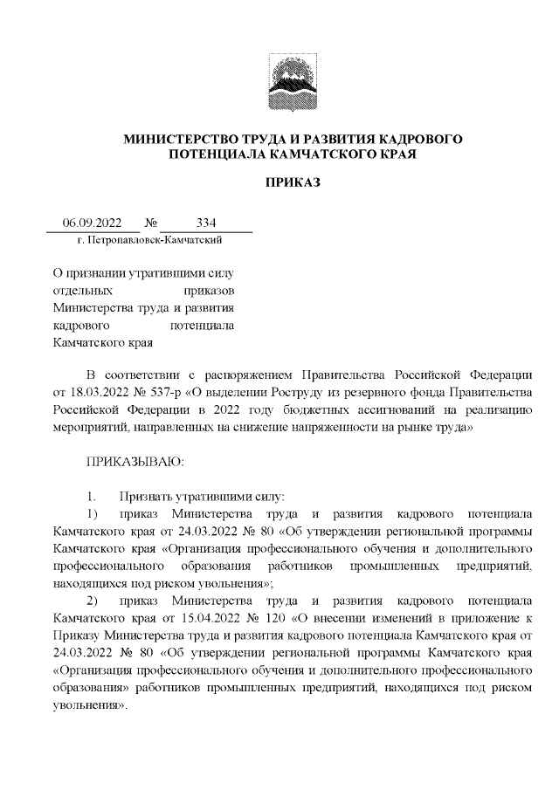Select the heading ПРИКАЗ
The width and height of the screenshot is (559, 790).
tap(293, 183)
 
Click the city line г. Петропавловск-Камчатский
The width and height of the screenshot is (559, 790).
tap(149, 238)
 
